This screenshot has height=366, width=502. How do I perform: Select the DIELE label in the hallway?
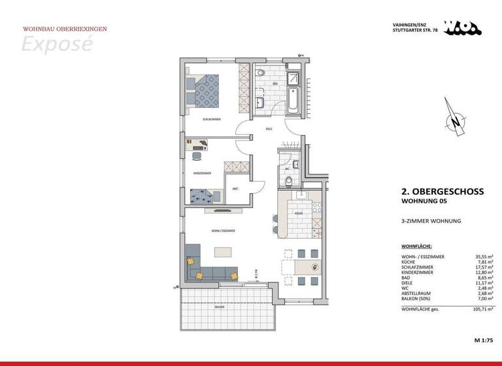268,129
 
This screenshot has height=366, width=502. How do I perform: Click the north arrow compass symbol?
454,119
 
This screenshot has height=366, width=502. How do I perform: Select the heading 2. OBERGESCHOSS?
442,192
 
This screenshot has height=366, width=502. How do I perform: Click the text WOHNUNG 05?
424,201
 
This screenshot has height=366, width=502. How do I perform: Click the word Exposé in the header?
57,44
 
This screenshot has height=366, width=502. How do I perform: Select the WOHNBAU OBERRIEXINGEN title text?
65,29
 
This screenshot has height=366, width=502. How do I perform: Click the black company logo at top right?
463,27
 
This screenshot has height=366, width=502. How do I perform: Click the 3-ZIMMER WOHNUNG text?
431,222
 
